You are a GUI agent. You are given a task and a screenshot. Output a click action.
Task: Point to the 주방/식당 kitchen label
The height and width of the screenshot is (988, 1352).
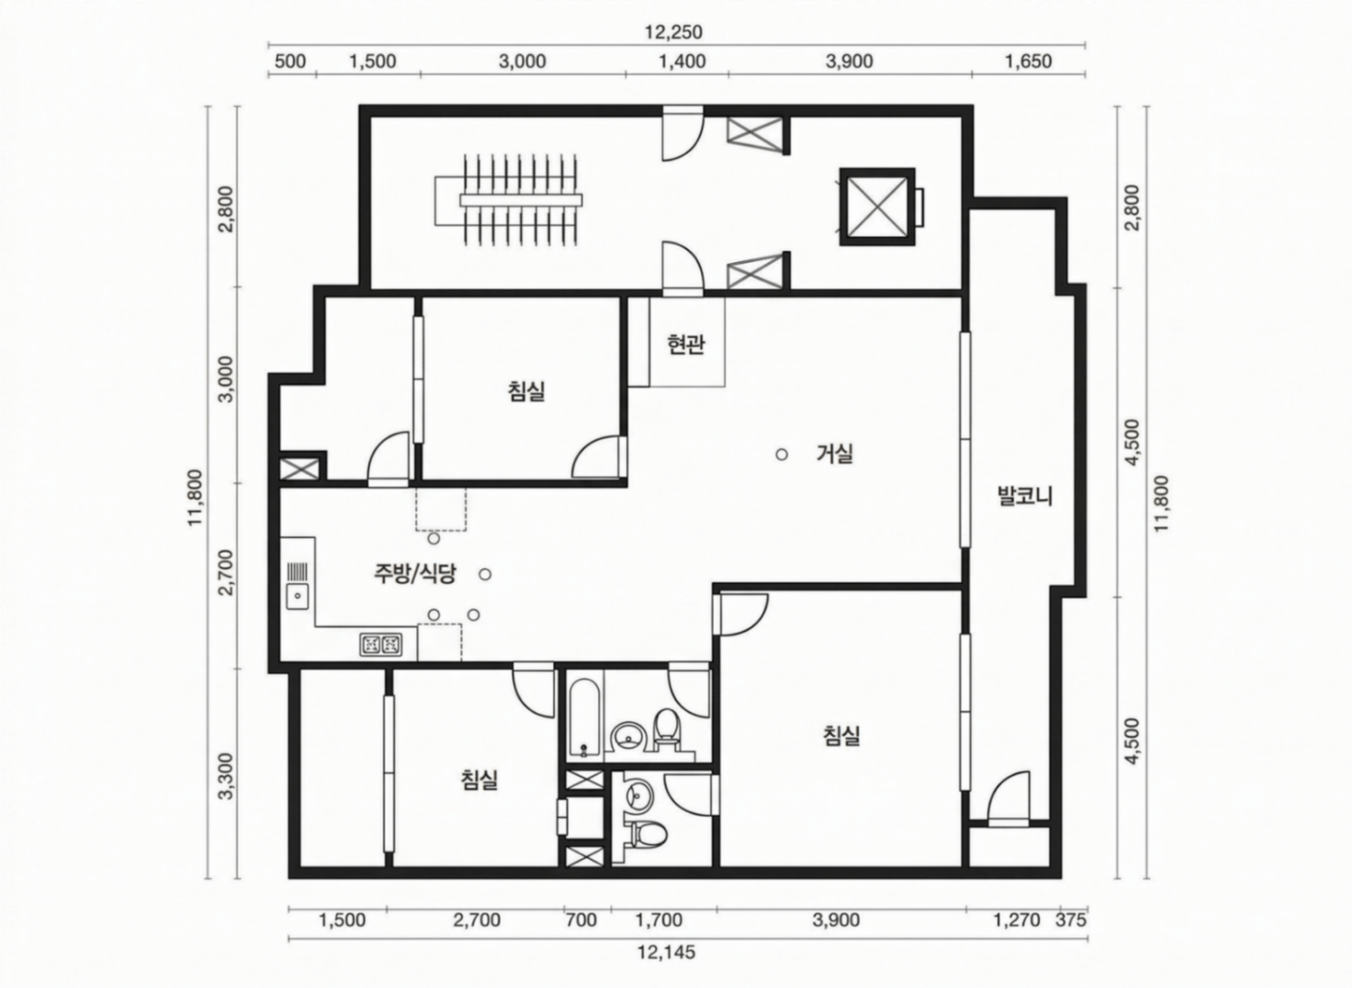pyautogui.click(x=415, y=574)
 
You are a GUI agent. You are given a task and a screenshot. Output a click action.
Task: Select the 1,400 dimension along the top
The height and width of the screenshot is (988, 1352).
pyautogui.click(x=682, y=62)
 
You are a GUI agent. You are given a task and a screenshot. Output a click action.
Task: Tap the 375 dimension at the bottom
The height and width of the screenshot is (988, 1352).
pyautogui.click(x=1071, y=919)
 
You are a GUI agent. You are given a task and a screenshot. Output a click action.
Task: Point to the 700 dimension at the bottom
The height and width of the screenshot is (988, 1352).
pyautogui.click(x=581, y=919)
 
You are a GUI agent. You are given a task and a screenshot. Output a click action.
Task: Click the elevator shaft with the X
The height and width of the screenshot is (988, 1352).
pyautogui.click(x=877, y=207)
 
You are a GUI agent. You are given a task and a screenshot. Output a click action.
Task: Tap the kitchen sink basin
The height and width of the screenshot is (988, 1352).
pyautogui.click(x=298, y=596)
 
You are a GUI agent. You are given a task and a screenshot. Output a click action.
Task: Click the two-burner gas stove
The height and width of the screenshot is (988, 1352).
pyautogui.click(x=381, y=645)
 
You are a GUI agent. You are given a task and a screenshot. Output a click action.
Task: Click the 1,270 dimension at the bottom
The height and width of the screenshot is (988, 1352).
pyautogui.click(x=1017, y=919)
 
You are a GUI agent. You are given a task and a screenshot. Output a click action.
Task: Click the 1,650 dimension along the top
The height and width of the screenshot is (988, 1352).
pyautogui.click(x=1028, y=62)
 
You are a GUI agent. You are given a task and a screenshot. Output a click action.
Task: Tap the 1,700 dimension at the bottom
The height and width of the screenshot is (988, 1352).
pyautogui.click(x=658, y=919)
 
